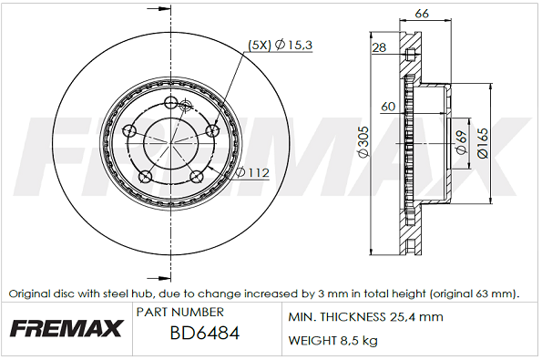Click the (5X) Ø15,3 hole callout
[x=281, y=45]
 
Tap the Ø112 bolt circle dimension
[x=253, y=172]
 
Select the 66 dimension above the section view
[x=422, y=14]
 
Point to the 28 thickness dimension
[x=379, y=47]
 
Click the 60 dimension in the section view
[x=388, y=106]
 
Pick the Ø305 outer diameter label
[x=363, y=142]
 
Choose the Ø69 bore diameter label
[x=462, y=142]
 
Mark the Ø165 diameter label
[x=483, y=143]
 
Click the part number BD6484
[x=205, y=334]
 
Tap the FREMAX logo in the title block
[x=66, y=328]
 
